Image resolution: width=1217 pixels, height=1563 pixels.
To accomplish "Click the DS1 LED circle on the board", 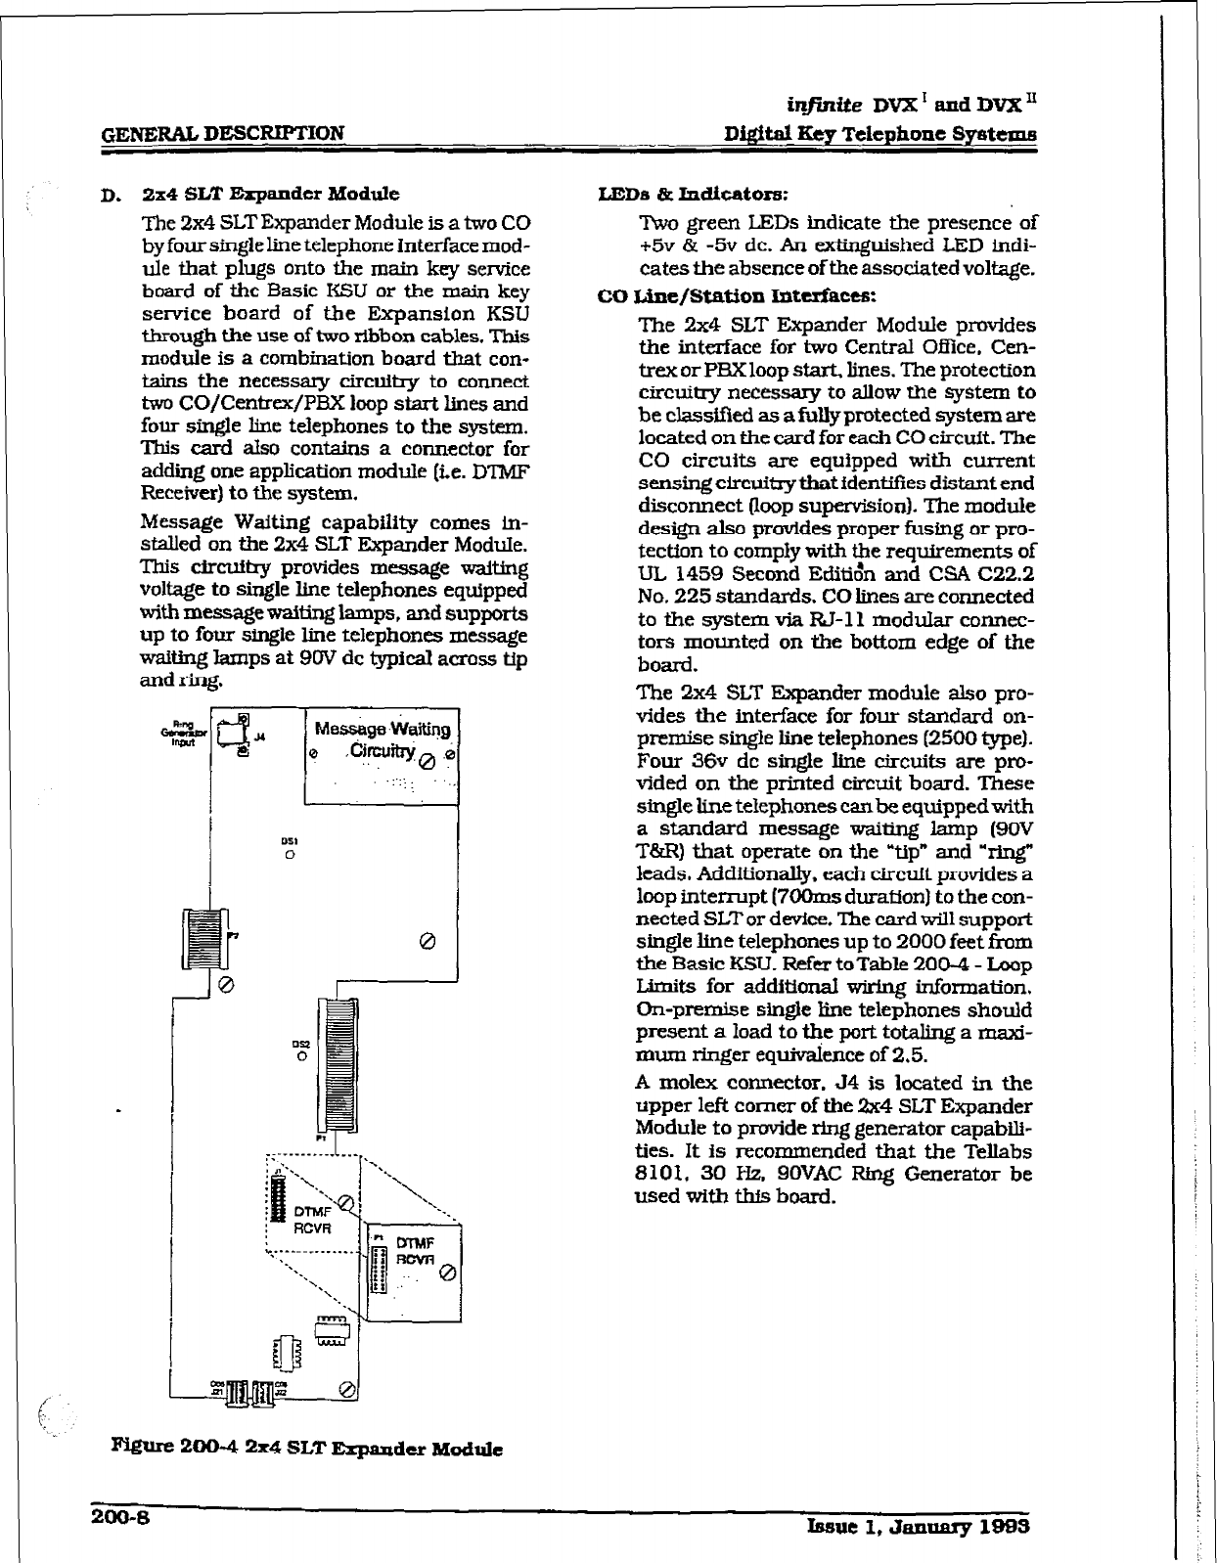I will (290, 854).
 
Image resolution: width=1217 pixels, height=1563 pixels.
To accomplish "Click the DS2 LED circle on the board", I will (302, 1055).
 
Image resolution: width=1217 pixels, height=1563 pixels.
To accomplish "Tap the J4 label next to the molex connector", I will (259, 737).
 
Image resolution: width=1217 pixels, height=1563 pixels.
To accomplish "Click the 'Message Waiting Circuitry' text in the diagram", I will (382, 739).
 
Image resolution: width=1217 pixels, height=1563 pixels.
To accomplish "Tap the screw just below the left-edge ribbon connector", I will (225, 984).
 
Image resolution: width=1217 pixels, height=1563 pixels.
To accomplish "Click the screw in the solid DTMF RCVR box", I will (447, 1274).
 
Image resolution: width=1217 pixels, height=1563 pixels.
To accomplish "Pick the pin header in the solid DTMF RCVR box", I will (381, 1269).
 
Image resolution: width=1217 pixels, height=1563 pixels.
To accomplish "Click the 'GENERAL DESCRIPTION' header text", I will (224, 133).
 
